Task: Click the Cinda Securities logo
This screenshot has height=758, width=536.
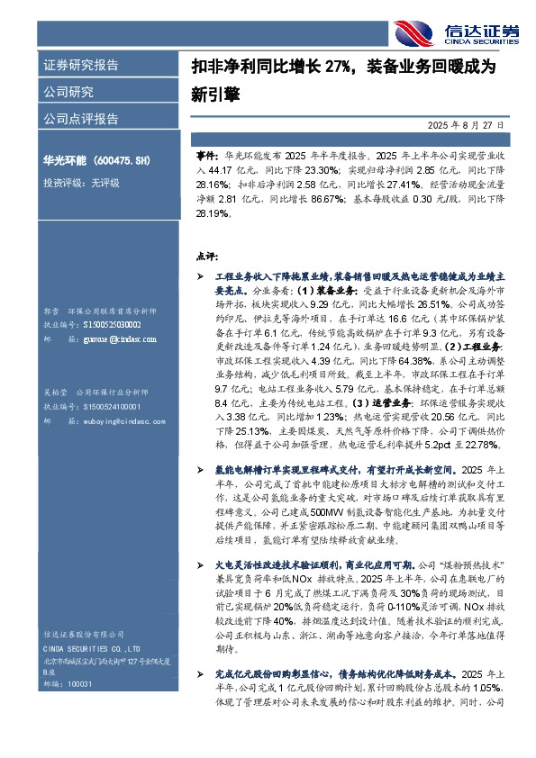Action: (457, 32)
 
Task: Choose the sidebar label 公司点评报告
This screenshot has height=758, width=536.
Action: (80, 119)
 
